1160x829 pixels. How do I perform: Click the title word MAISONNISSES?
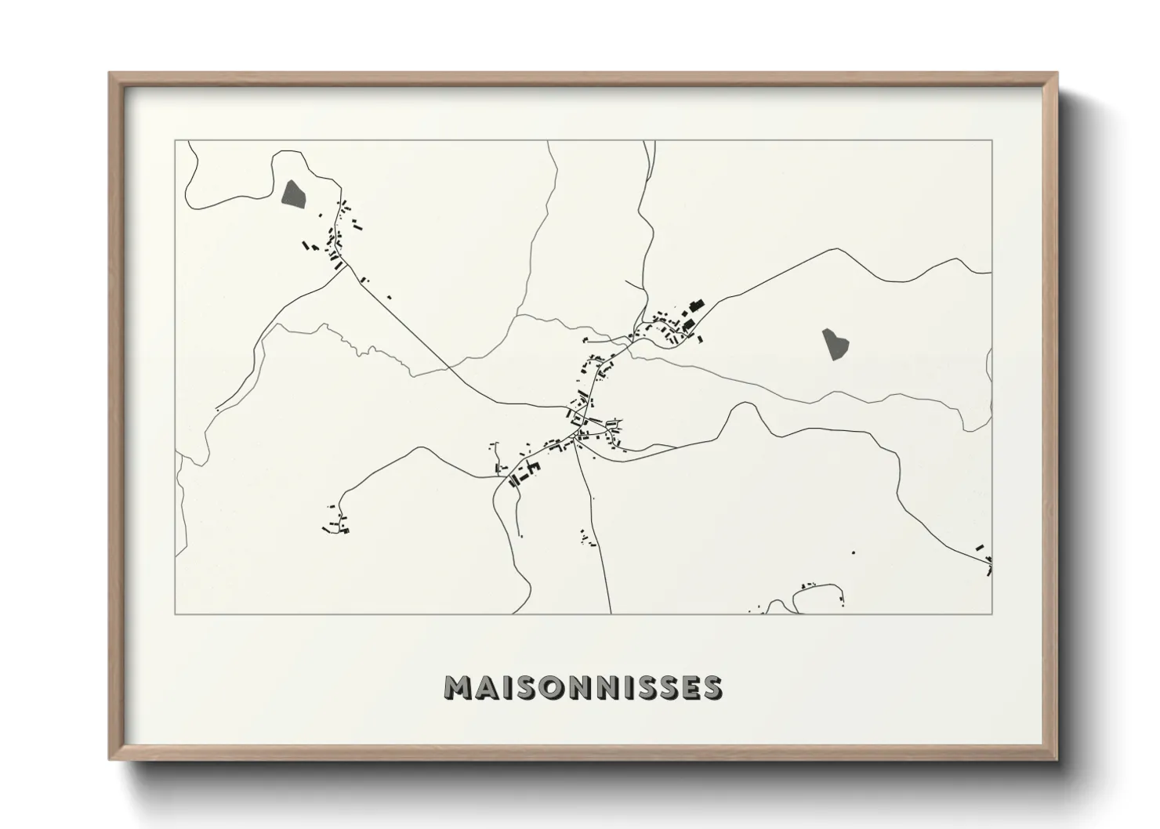(x=582, y=687)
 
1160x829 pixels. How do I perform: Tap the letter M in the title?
(x=459, y=687)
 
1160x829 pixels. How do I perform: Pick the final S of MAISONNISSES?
(x=712, y=687)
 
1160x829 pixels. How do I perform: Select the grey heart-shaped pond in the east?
(x=833, y=343)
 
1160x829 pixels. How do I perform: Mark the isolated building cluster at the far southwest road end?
(x=338, y=524)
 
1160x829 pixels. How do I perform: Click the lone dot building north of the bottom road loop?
(x=854, y=553)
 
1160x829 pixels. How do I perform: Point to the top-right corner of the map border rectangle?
(x=992, y=140)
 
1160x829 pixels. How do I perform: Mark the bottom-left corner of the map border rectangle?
(x=176, y=614)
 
